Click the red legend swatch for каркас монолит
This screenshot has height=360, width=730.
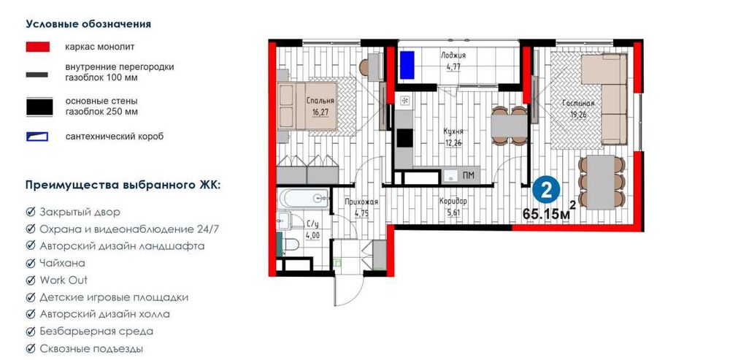(38, 47)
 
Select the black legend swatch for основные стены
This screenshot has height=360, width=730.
(39, 107)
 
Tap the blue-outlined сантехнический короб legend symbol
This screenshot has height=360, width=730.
(37, 137)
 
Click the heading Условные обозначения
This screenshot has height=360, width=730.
(88, 24)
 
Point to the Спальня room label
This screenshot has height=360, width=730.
(320, 100)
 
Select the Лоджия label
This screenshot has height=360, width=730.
(453, 55)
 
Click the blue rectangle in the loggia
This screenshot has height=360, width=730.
(407, 65)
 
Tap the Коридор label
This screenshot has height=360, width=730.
(453, 202)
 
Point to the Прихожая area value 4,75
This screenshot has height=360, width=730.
(361, 213)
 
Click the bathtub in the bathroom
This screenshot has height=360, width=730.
(303, 198)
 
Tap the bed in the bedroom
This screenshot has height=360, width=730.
(307, 106)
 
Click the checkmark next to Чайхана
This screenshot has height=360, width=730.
(31, 264)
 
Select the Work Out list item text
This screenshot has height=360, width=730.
(64, 280)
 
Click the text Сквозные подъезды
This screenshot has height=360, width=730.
(91, 349)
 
